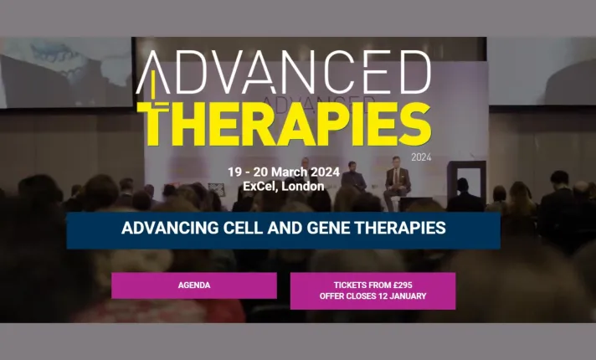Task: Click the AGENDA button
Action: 193,285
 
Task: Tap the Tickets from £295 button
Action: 372,291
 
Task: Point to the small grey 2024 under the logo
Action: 420,157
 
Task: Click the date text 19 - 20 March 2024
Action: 284,172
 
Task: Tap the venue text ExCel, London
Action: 283,186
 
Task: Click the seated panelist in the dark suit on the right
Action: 397,183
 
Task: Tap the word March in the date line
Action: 290,172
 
